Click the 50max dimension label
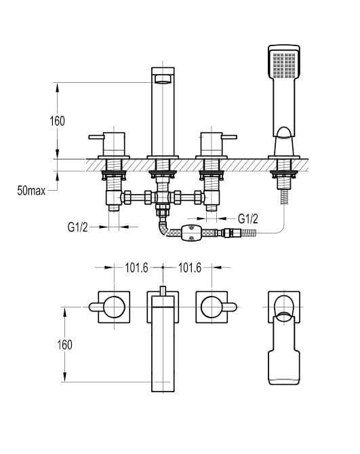pyautogui.click(x=31, y=191)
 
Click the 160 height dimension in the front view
pyautogui.click(x=57, y=121)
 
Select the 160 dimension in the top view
pyautogui.click(x=64, y=345)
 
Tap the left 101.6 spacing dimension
pyautogui.click(x=136, y=267)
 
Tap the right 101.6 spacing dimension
pyautogui.click(x=190, y=267)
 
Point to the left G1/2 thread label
pyautogui.click(x=77, y=227)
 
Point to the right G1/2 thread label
pyautogui.click(x=248, y=219)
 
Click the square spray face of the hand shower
pyautogui.click(x=284, y=65)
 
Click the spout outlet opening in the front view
pyautogui.click(x=163, y=79)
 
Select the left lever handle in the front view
pyautogui.click(x=96, y=137)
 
